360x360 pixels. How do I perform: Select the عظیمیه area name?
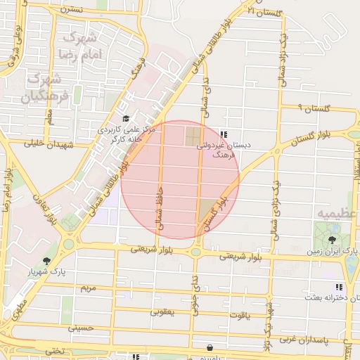[332, 210]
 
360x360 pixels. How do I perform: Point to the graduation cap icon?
[125, 119]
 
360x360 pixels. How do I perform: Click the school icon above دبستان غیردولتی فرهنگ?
[224, 134]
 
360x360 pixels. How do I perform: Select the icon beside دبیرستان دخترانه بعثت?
[340, 287]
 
